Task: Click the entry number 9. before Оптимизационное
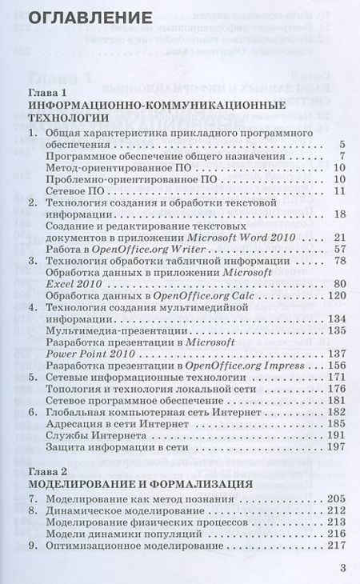point(32,545)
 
